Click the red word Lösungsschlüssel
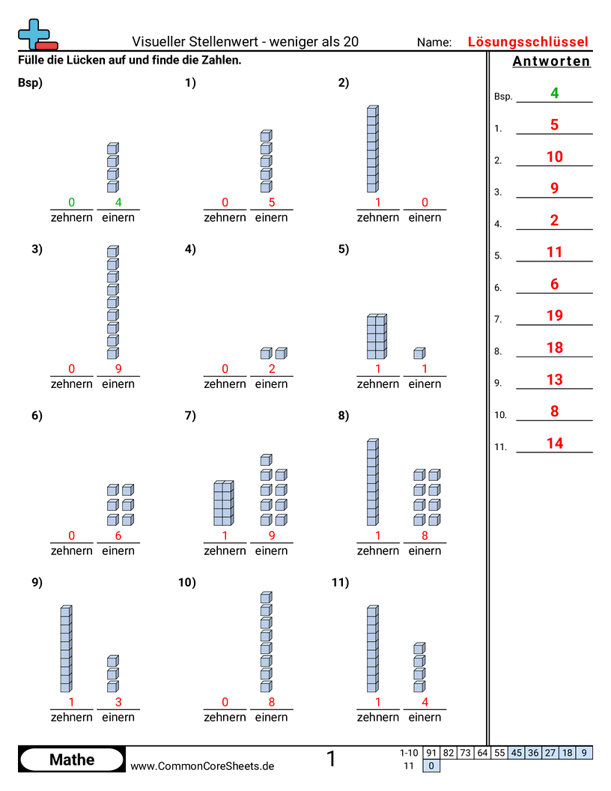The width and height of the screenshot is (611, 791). [x=528, y=42]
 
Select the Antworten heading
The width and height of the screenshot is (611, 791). [x=551, y=61]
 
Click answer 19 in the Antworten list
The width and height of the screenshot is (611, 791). [x=554, y=315]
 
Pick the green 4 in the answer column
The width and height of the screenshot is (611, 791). [x=554, y=93]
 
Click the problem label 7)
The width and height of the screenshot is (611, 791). [x=190, y=416]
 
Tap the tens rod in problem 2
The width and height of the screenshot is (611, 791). [x=372, y=150]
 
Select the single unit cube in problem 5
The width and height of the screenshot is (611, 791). [x=419, y=353]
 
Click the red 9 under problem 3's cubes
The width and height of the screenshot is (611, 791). [x=118, y=369]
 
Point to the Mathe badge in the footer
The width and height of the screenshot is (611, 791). [x=71, y=760]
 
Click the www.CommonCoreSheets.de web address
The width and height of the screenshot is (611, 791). [x=202, y=766]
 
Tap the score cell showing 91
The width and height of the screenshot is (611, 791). [x=431, y=753]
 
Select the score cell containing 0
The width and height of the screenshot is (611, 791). [x=432, y=766]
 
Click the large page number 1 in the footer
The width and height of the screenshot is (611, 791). [x=331, y=759]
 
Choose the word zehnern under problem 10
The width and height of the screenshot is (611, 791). [x=225, y=717]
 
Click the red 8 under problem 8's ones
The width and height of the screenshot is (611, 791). [x=425, y=536]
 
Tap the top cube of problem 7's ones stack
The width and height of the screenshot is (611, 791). [x=266, y=459]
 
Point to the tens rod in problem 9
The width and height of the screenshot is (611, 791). [x=66, y=649]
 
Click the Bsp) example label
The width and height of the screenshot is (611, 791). [x=30, y=83]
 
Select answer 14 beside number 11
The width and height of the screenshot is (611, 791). [x=554, y=443]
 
